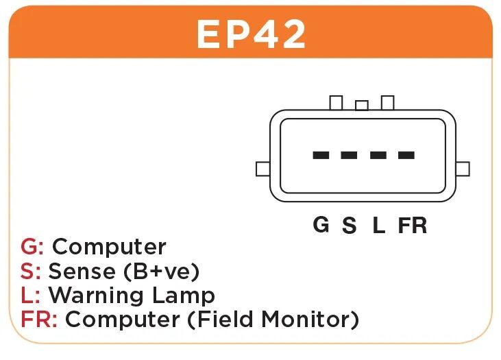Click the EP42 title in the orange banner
click(251, 34)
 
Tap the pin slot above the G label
click(321, 156)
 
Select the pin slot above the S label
click(349, 156)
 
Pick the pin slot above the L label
click(378, 156)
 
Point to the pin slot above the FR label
click(406, 156)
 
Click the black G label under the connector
click(321, 224)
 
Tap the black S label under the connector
click(349, 225)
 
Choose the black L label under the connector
click(379, 225)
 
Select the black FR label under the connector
click(413, 225)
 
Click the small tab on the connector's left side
click(263, 169)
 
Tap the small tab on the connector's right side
click(463, 169)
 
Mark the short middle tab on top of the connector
click(362, 105)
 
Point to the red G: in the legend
click(32, 246)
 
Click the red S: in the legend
click(30, 271)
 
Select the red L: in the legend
click(30, 295)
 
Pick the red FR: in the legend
click(39, 319)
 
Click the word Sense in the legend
click(82, 271)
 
